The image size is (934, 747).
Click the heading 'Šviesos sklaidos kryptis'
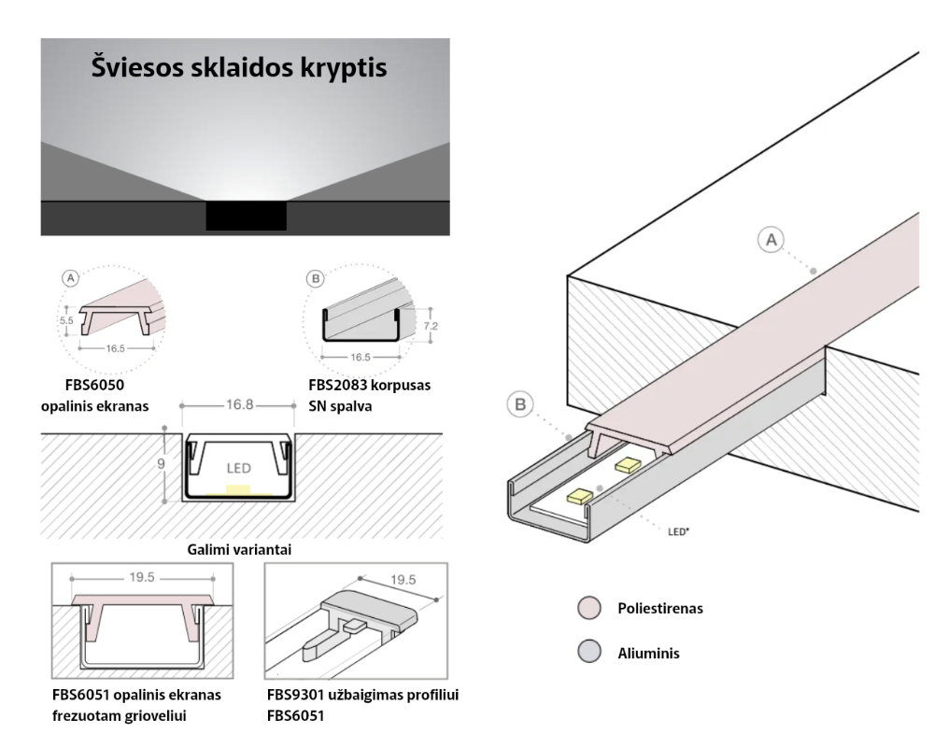pos(239,68)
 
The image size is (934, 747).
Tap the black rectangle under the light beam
pos(246,216)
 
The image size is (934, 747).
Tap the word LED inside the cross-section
pos(238,466)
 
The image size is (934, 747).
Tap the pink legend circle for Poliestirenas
pos(587,608)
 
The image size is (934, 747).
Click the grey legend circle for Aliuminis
pos(587,653)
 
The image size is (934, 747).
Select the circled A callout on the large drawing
pos(771,241)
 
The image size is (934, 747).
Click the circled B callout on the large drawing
pos(520,406)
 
